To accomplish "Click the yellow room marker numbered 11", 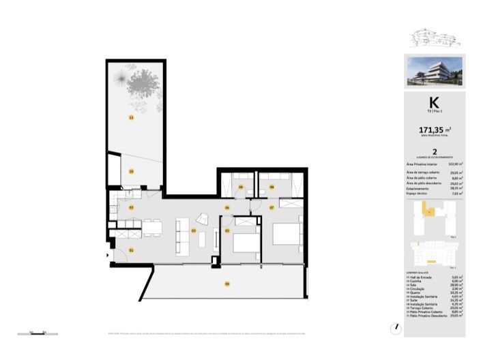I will [x=130, y=117].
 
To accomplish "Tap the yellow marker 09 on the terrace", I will [x=227, y=283].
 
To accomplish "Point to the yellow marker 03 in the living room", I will [x=193, y=230].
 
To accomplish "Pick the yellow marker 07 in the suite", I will [x=272, y=207].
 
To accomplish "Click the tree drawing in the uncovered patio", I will [x=141, y=85].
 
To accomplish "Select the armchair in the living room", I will [x=204, y=219].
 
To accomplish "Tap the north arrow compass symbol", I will [x=396, y=327].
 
